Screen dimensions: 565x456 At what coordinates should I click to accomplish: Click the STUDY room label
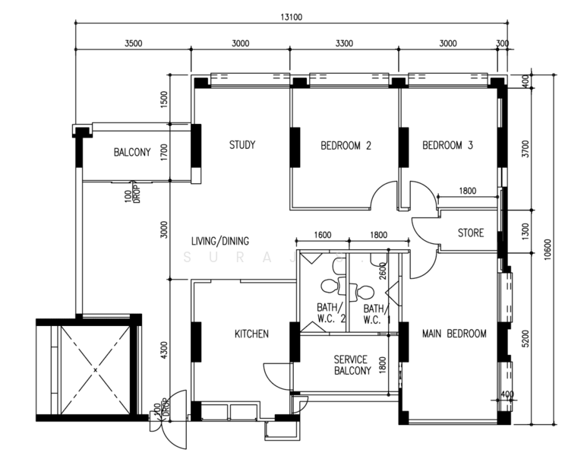pos(242,145)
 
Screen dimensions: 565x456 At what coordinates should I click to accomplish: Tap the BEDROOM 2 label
pos(346,146)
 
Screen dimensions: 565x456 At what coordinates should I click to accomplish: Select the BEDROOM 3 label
pos(447,145)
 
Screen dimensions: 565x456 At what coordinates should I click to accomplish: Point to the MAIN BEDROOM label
pos(454,334)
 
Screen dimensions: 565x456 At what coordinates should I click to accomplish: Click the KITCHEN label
pos(251,334)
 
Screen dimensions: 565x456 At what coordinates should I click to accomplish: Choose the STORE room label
pos(471,233)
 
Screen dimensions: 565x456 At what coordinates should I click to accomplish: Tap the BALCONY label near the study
pos(132,152)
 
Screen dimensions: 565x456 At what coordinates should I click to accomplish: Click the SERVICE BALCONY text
pos(352,365)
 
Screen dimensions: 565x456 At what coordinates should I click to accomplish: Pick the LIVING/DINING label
pos(219,241)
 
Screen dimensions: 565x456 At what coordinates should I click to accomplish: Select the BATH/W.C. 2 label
pos(331,313)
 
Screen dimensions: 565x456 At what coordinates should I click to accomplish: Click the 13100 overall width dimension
pos(291,17)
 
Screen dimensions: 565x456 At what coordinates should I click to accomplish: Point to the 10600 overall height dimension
pos(548,249)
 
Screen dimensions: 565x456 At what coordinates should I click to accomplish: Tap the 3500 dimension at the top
pos(134,43)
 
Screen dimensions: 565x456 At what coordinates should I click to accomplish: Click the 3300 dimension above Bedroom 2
pos(344,43)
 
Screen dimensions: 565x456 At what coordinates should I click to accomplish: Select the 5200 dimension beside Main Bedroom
pos(526,338)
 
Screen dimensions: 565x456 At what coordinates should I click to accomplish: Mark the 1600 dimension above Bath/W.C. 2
pos(323,235)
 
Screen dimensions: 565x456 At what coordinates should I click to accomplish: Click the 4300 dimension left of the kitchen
pos(164,350)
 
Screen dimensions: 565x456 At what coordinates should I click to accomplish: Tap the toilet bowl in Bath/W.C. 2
pos(329,287)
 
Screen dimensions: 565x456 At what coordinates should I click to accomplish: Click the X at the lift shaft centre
pos(95,370)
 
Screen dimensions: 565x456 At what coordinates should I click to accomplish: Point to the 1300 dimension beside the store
pos(526,232)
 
